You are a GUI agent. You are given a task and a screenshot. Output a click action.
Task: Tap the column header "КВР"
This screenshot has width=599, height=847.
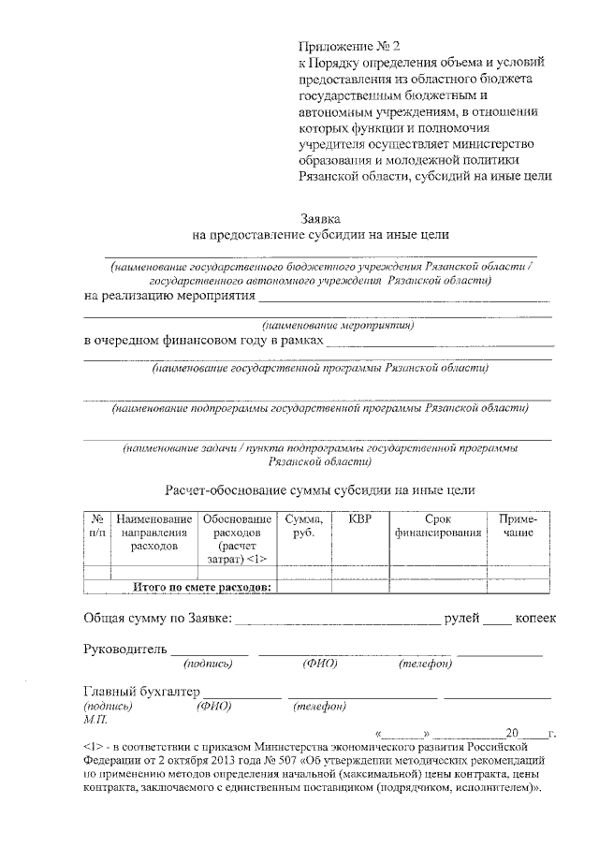pyautogui.click(x=359, y=518)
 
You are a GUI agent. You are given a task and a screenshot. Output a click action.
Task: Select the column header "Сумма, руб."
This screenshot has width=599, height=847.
pyautogui.click(x=304, y=525)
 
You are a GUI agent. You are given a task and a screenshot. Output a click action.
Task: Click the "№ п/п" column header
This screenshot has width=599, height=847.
pyautogui.click(x=96, y=525)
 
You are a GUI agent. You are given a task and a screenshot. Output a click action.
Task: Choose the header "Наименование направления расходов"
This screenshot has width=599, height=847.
pyautogui.click(x=153, y=532)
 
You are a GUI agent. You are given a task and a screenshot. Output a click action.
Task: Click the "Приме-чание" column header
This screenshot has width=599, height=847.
pyautogui.click(x=517, y=525)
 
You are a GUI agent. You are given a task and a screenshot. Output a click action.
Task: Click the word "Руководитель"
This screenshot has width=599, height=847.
pyautogui.click(x=124, y=648)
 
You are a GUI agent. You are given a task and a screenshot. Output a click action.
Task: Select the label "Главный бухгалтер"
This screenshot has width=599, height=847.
pyautogui.click(x=141, y=692)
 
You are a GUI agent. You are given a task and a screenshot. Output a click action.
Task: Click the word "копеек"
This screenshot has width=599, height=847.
pyautogui.click(x=534, y=618)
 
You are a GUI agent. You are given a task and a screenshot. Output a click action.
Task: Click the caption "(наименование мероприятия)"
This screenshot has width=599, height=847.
pyautogui.click(x=338, y=325)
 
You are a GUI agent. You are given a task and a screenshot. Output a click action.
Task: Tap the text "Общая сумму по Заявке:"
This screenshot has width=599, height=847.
pyautogui.click(x=157, y=618)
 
